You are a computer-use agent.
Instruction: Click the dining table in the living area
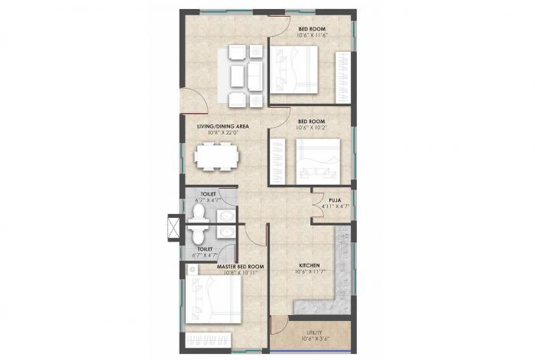216,157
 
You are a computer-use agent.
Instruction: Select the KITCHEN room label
308,266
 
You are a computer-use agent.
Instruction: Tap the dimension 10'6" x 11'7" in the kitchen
308,273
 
